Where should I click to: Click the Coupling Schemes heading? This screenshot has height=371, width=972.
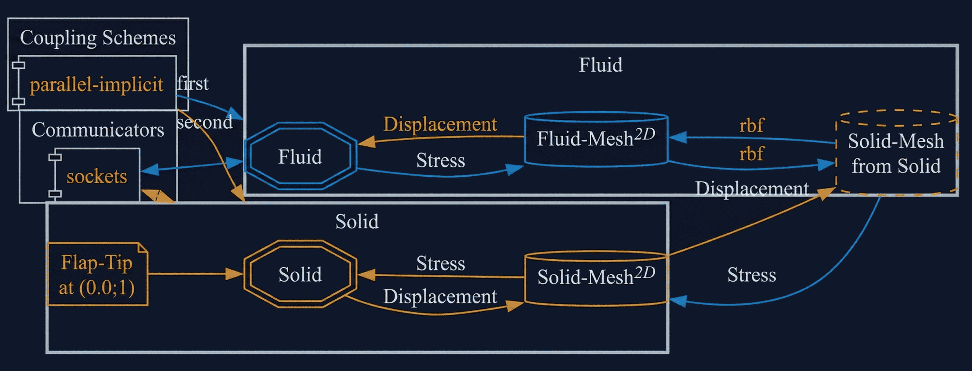(98, 38)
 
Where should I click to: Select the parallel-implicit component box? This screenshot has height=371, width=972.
(96, 84)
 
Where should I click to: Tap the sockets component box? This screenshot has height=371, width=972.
(97, 176)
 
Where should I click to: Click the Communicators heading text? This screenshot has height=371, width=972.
(98, 130)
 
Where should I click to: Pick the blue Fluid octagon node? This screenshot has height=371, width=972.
(300, 157)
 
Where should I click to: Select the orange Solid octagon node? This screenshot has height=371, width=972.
(300, 274)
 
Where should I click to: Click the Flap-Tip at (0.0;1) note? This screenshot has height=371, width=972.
(97, 274)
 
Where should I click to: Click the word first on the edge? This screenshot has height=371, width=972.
(193, 83)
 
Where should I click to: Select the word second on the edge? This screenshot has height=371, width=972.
(205, 122)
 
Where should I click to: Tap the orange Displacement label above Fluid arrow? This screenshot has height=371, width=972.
(440, 124)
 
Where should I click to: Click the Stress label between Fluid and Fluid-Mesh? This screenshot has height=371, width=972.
(440, 161)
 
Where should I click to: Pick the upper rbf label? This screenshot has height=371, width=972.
(751, 125)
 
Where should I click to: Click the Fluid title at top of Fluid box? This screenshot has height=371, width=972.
(600, 65)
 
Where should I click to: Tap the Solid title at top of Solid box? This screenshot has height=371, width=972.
(357, 221)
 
